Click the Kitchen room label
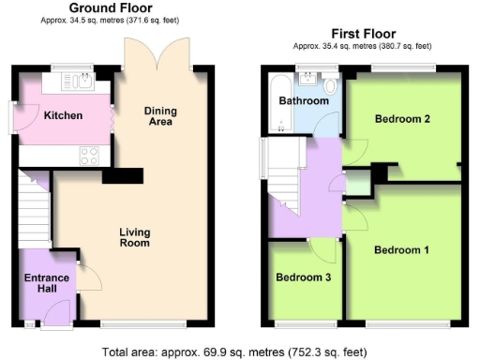[64, 116]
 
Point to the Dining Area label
[160, 116]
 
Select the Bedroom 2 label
[401, 119]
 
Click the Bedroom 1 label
[401, 250]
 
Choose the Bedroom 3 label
[303, 277]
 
